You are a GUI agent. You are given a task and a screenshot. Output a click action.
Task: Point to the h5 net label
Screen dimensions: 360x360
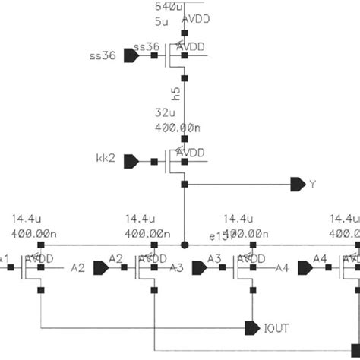click(175, 94)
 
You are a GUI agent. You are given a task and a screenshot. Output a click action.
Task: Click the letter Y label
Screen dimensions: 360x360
click(311, 185)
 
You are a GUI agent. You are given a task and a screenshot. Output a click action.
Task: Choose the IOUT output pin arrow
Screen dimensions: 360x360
click(251, 327)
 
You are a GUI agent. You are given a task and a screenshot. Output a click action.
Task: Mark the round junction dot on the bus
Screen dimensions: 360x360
click(184, 245)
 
